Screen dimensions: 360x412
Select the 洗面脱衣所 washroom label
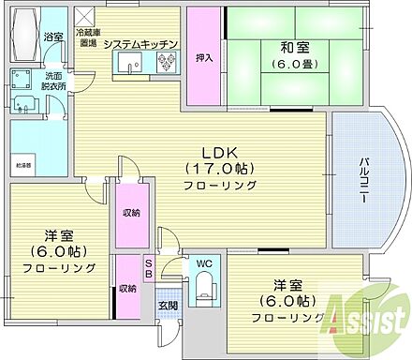pyautogui.click(x=54, y=82)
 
